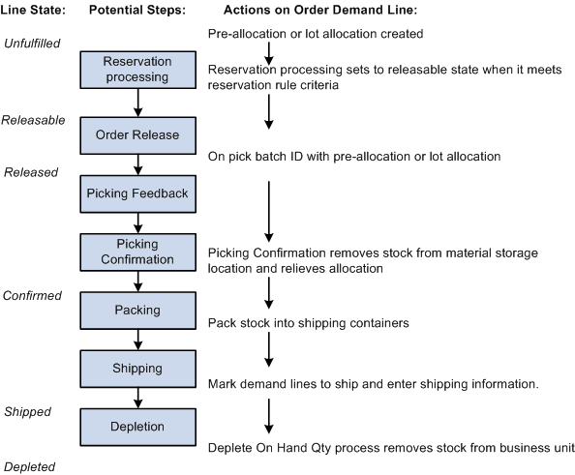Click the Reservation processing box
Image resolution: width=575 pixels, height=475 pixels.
click(137, 69)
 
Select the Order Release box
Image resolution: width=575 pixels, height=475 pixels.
click(137, 135)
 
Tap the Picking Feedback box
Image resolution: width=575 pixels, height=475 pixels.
click(137, 193)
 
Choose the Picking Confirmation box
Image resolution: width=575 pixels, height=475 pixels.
click(137, 252)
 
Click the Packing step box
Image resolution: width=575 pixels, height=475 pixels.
click(137, 311)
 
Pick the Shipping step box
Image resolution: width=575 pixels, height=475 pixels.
click(137, 368)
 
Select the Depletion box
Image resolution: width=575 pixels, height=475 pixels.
click(137, 426)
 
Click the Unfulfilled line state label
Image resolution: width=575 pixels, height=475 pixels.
click(32, 44)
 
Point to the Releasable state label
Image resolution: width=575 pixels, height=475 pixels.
click(33, 120)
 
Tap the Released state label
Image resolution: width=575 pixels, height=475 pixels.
click(31, 172)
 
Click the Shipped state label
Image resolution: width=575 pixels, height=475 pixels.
click(27, 411)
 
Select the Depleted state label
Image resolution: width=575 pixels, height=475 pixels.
click(29, 466)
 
